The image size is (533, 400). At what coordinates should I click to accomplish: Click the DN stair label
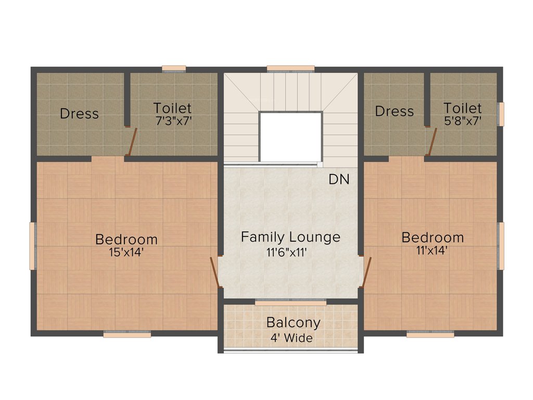(x=339, y=180)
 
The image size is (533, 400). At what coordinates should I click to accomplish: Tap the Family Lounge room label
(x=290, y=238)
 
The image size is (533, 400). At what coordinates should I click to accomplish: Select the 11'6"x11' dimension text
(x=290, y=253)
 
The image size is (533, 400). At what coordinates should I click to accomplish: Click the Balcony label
(x=293, y=322)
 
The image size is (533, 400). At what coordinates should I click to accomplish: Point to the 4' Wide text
(x=291, y=338)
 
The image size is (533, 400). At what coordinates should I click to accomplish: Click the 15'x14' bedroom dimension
(x=126, y=254)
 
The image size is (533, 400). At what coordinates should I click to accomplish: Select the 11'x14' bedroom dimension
(x=432, y=250)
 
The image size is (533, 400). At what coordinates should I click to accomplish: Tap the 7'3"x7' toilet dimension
(x=172, y=121)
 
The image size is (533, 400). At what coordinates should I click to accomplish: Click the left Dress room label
(x=79, y=114)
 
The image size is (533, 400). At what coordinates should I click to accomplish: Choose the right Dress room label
(x=394, y=111)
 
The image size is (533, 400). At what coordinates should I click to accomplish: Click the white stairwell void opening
(x=290, y=136)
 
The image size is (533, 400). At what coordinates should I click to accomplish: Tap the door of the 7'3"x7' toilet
(x=132, y=142)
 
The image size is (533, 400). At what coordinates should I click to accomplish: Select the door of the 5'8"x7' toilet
(x=432, y=141)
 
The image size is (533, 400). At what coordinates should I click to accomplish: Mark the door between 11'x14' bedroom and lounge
(x=366, y=272)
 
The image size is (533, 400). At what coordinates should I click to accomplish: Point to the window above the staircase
(x=290, y=68)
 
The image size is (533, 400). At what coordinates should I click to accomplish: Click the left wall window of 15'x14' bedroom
(x=32, y=246)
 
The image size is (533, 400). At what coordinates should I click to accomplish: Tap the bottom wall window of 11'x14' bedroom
(x=430, y=335)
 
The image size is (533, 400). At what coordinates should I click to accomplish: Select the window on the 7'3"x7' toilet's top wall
(x=174, y=68)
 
